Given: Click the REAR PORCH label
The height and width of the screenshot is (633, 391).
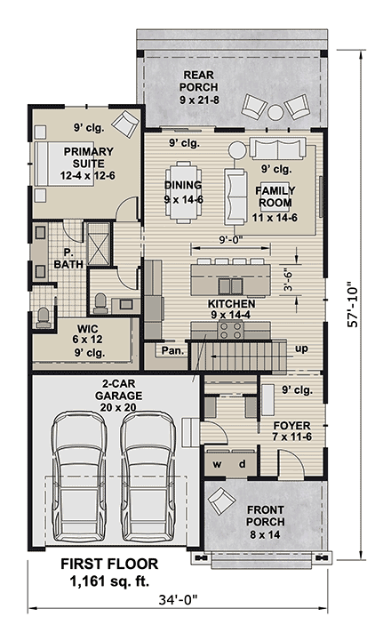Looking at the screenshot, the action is [x=199, y=81].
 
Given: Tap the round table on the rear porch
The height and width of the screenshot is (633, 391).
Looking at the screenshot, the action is [x=275, y=112].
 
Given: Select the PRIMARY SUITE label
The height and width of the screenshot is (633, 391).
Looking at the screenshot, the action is [x=88, y=157].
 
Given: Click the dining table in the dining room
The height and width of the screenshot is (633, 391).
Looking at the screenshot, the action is [x=184, y=192].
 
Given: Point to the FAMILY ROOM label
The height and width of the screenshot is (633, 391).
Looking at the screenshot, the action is [x=275, y=196].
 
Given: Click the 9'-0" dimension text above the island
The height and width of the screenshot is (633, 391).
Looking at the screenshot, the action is [x=231, y=240].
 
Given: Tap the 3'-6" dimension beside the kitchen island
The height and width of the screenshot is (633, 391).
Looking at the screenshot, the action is [x=288, y=280].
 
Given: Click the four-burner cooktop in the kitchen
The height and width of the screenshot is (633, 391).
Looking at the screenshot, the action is [x=231, y=330].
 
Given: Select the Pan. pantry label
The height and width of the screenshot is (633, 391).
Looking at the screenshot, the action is [x=172, y=350].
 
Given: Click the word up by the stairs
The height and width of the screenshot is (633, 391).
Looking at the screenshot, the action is [x=301, y=349].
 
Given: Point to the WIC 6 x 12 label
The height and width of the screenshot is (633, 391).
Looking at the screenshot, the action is [x=88, y=334].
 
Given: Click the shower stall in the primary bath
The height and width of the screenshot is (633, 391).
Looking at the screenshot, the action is [x=99, y=244].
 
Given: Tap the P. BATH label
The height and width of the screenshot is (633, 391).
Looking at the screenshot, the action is [x=68, y=259].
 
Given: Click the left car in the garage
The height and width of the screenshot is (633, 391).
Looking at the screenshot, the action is [x=79, y=477].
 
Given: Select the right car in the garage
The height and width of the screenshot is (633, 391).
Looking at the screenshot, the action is [x=149, y=477].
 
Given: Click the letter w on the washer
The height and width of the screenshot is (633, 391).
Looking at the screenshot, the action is [x=217, y=464].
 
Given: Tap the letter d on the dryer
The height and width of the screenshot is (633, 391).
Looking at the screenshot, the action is [x=242, y=464].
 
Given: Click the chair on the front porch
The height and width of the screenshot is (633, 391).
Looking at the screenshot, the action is [x=221, y=501].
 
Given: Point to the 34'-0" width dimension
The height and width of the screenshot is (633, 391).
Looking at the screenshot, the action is [x=178, y=600].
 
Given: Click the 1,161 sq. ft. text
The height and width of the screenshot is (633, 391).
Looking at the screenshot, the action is [x=109, y=581].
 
